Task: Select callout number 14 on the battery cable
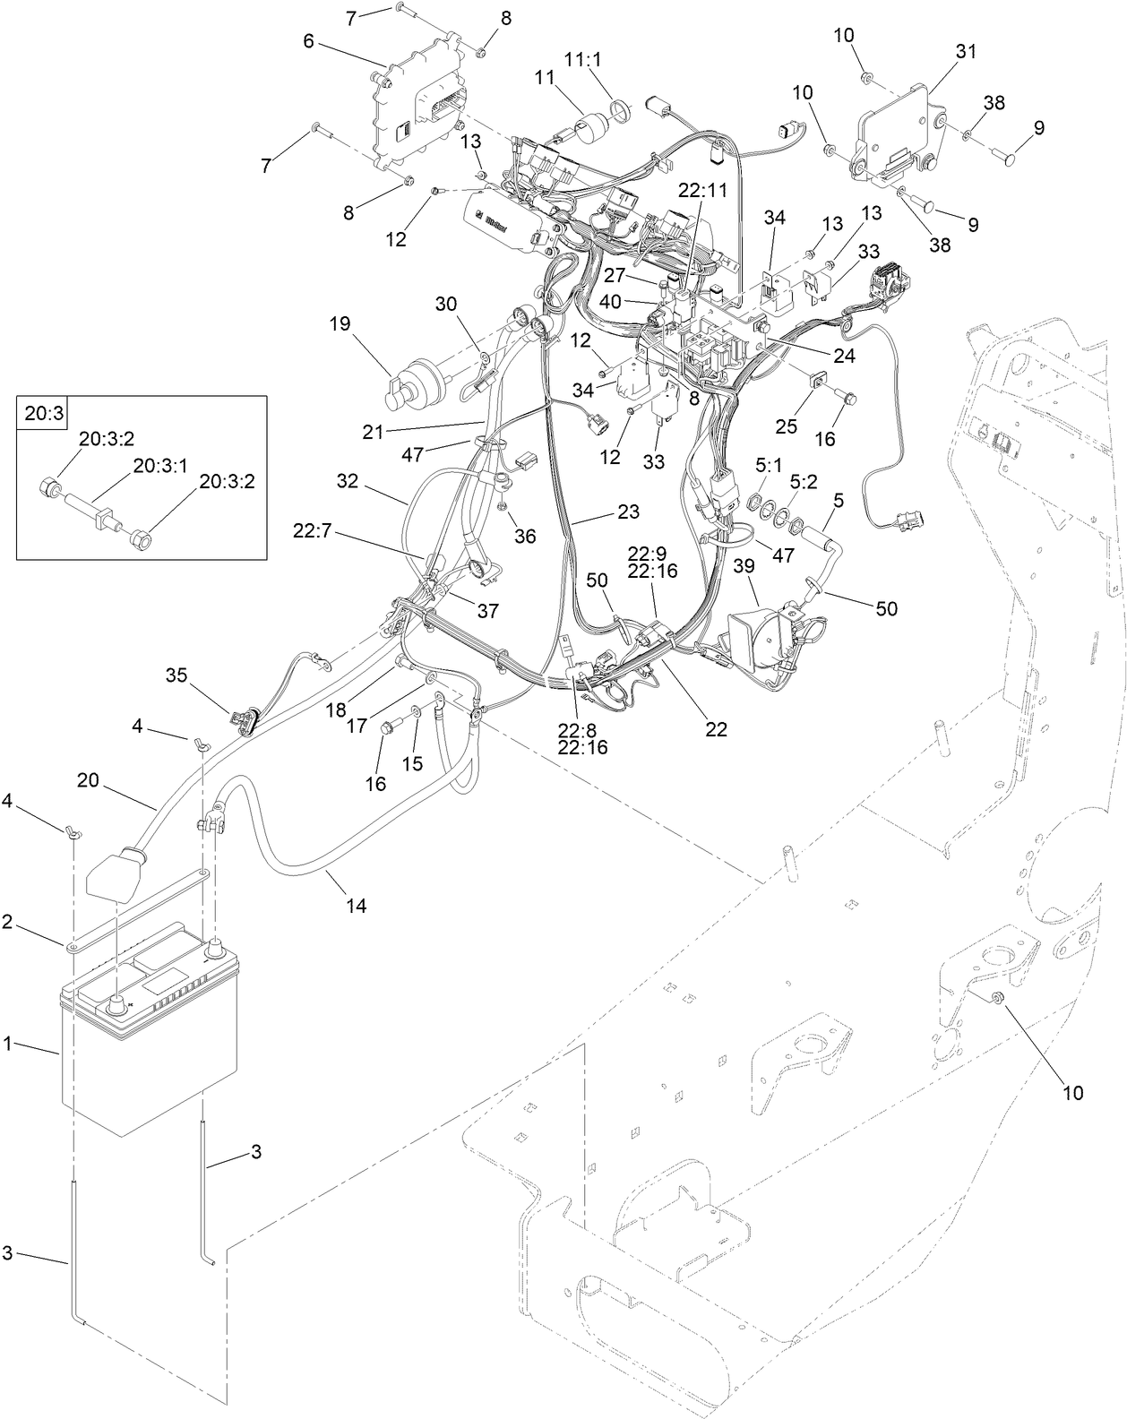357,906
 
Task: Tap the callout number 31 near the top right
966,53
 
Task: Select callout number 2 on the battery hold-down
7,923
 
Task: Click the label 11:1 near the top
583,58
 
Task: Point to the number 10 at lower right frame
1072,1092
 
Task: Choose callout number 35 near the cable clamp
176,675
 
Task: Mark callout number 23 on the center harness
629,512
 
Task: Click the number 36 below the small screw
524,536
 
